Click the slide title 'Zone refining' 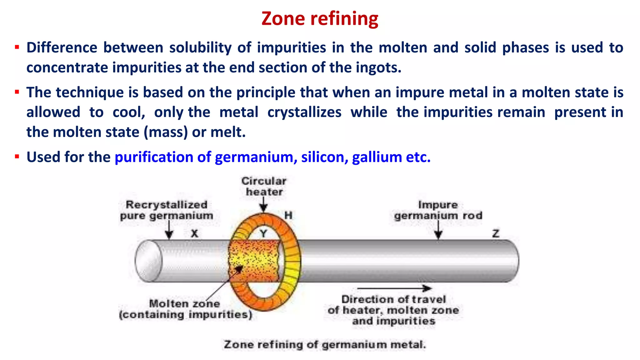[320, 19]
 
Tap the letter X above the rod [194, 233]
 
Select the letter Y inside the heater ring [263, 233]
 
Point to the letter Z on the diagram [496, 233]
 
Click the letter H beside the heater [288, 215]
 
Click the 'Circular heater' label [264, 186]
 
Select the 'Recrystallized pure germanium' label [167, 210]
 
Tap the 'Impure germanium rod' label [438, 210]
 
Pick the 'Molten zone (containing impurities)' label [185, 309]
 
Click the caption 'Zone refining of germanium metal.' [325, 344]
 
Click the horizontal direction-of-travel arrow [394, 288]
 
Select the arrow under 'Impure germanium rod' [438, 230]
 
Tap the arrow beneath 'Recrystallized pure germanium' [169, 230]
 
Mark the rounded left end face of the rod [148, 261]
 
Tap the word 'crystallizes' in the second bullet [304, 112]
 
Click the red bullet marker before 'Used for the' [17, 156]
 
